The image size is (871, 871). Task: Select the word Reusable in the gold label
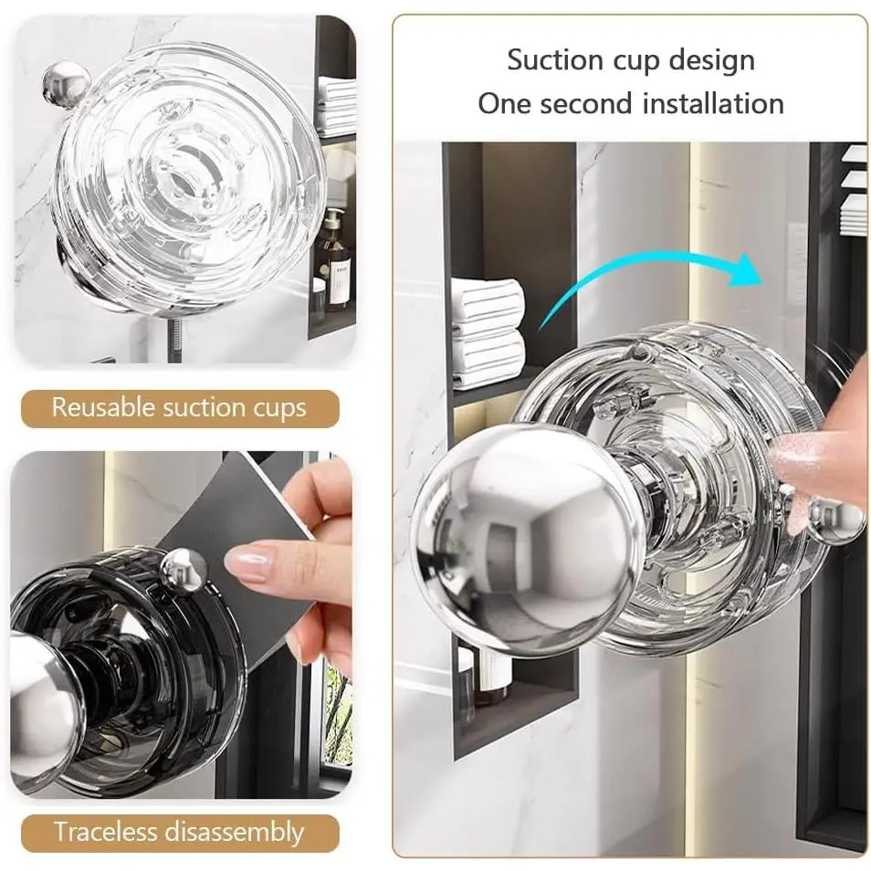tap(104, 408)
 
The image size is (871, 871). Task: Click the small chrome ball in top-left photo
tap(66, 84)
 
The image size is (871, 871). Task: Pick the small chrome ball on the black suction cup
tap(184, 572)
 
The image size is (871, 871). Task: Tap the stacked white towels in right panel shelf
tap(488, 332)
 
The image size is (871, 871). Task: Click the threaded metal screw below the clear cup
tap(174, 340)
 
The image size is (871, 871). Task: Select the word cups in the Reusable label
tap(280, 409)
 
